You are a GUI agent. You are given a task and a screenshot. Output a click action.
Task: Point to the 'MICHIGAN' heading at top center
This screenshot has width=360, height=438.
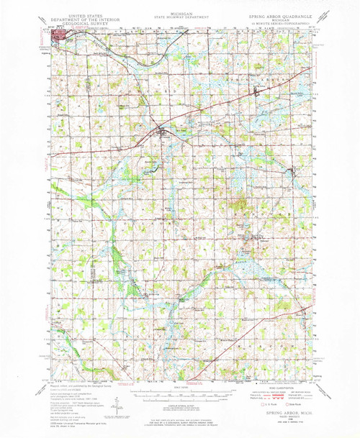(x=179, y=13)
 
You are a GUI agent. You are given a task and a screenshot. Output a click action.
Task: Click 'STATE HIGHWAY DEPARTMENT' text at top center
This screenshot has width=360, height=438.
(x=179, y=17)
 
